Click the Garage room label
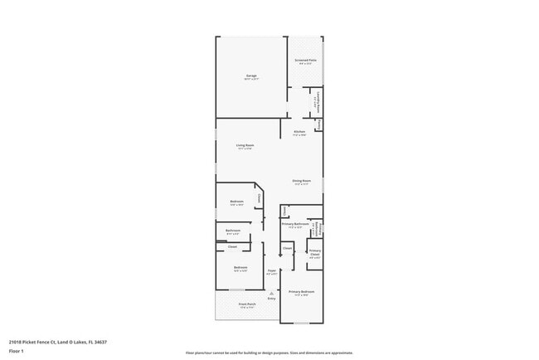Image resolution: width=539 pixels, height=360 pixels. (x=250, y=76)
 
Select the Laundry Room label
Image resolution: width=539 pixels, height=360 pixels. (x=316, y=102)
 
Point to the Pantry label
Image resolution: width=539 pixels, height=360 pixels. (x=318, y=124)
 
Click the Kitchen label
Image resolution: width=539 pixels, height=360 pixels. (x=299, y=132)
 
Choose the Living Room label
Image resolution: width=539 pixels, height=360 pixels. (x=245, y=146)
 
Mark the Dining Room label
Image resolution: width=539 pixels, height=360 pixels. (x=301, y=182)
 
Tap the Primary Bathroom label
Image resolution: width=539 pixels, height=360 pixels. (x=295, y=224)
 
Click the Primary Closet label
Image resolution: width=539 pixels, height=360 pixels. (x=315, y=252)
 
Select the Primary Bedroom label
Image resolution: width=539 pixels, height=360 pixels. (x=301, y=293)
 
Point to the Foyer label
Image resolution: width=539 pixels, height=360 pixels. (x=270, y=271)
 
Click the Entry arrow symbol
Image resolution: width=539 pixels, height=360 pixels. (x=271, y=293)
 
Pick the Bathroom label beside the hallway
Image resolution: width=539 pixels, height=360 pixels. (x=233, y=231)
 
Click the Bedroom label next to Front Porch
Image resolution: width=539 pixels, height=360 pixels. (x=240, y=268)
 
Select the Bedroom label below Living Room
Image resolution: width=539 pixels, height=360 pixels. (x=236, y=202)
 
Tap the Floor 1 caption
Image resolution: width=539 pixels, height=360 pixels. (x=17, y=351)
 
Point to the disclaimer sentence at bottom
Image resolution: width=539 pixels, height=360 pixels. (x=269, y=353)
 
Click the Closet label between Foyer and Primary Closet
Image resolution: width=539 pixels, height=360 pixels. (x=287, y=248)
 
